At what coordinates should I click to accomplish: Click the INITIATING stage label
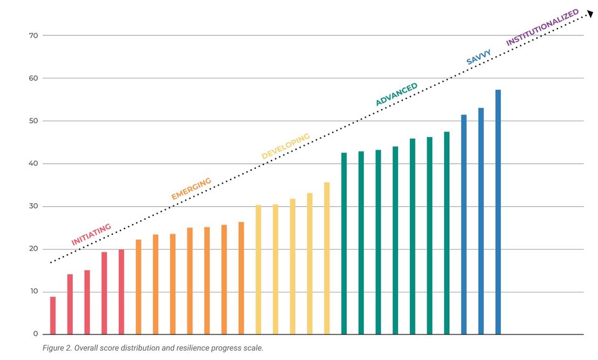tap(91, 234)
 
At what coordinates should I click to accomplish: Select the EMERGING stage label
tap(191, 189)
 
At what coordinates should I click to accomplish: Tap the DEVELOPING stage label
tap(285, 146)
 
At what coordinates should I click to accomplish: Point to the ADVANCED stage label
tap(396, 95)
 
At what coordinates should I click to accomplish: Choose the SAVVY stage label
tap(479, 57)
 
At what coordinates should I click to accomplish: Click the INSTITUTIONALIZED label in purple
tap(542, 27)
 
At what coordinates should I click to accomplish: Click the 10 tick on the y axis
tap(33, 291)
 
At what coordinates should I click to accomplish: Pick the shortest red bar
tap(53, 316)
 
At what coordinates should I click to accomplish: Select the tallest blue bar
tap(498, 212)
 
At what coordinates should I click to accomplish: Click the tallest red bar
tap(121, 291)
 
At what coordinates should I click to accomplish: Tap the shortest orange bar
tap(138, 287)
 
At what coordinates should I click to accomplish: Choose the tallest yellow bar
tap(326, 258)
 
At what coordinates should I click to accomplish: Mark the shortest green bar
tap(344, 243)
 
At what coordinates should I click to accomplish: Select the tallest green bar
tap(447, 233)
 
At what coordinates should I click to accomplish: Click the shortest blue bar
tap(463, 224)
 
